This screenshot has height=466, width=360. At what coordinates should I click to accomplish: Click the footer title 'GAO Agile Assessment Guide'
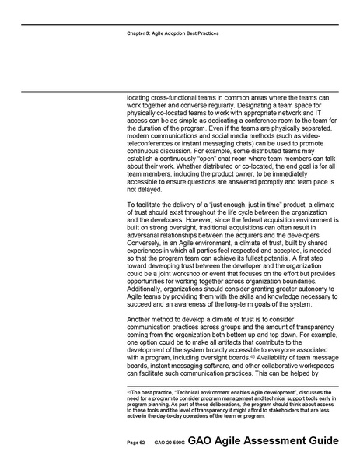(268, 440)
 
